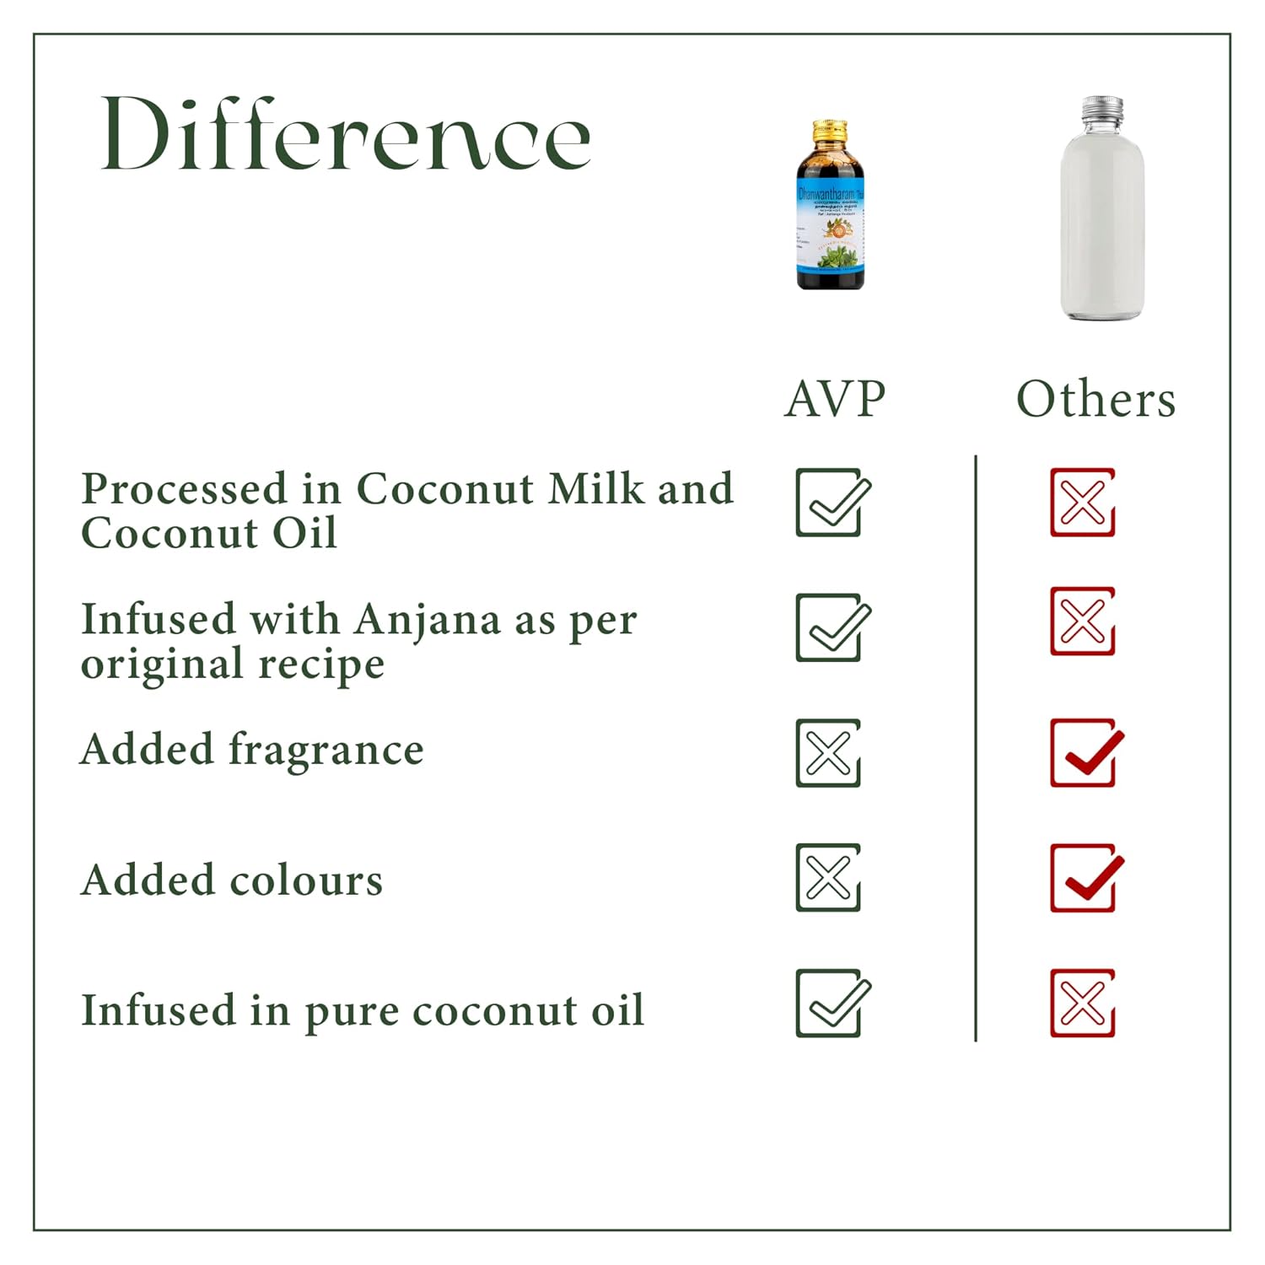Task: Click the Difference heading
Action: (346, 135)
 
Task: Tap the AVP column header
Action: (835, 399)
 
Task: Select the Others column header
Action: (1095, 399)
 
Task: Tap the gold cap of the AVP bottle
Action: (830, 132)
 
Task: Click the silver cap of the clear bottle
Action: (1103, 107)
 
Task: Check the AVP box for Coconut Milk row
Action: (830, 503)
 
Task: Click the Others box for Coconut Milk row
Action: (1083, 503)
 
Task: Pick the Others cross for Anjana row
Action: (1083, 622)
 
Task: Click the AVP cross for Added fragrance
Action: (828, 753)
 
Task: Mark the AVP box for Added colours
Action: (828, 878)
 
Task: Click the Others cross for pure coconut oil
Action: (1083, 1004)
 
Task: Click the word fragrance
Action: (326, 750)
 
